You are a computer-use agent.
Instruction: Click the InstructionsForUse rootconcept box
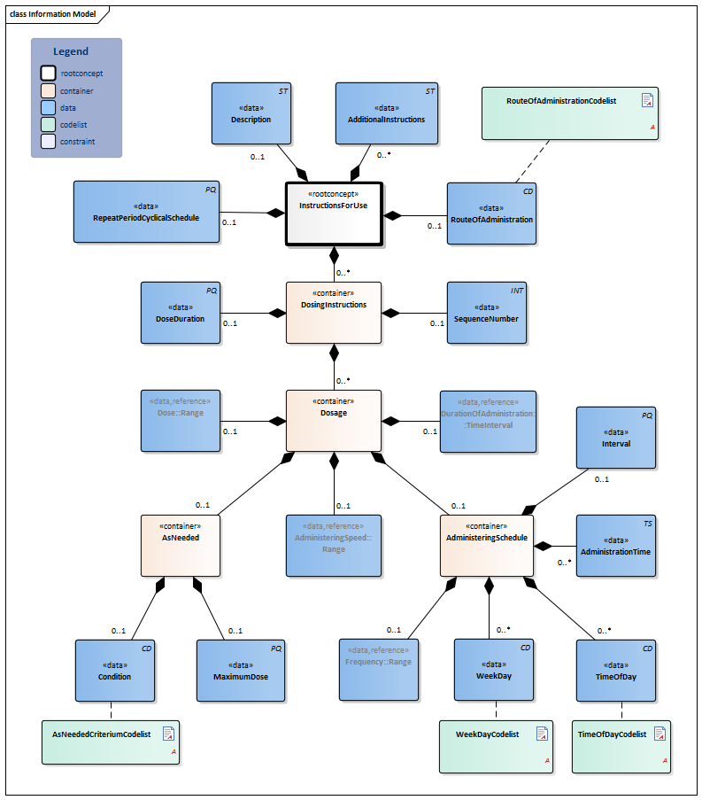pyautogui.click(x=333, y=214)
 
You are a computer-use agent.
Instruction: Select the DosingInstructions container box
pyautogui.click(x=333, y=312)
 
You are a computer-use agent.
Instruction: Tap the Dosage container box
pyautogui.click(x=333, y=420)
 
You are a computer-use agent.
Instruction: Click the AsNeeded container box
pyautogui.click(x=181, y=545)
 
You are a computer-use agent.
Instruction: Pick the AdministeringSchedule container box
pyautogui.click(x=486, y=545)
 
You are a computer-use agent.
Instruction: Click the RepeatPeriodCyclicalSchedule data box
pyautogui.click(x=145, y=212)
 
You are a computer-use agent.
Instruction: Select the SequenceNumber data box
pyautogui.click(x=487, y=312)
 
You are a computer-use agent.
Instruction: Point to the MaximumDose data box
pyautogui.click(x=240, y=671)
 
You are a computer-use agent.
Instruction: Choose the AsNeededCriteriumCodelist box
pyautogui.click(x=111, y=742)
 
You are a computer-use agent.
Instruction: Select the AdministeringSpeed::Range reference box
pyautogui.click(x=333, y=545)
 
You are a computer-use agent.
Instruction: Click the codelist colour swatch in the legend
pyautogui.click(x=47, y=125)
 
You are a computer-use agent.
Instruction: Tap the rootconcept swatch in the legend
pyautogui.click(x=47, y=74)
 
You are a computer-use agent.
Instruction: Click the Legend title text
pyautogui.click(x=71, y=52)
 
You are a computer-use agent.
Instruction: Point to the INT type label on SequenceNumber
pyautogui.click(x=517, y=290)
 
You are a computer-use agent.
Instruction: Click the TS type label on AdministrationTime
pyautogui.click(x=648, y=524)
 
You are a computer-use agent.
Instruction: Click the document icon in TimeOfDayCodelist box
pyautogui.click(x=659, y=734)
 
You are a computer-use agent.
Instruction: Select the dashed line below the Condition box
pyautogui.click(x=111, y=711)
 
